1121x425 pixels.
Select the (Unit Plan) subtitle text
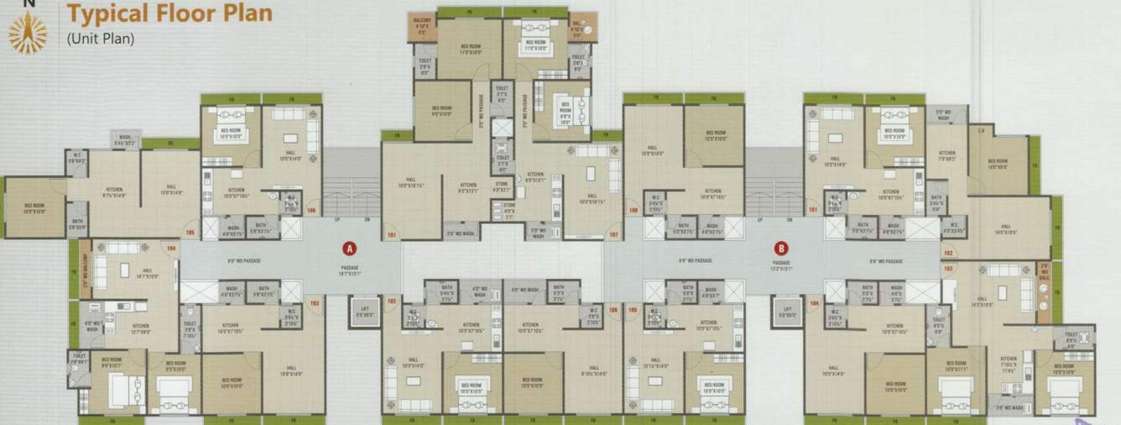(x=100, y=38)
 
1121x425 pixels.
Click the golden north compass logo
(x=28, y=33)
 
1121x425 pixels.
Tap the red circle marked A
(x=348, y=248)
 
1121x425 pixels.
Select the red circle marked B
(x=781, y=248)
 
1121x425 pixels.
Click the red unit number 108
(x=633, y=210)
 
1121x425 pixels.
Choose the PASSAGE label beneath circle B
(x=781, y=266)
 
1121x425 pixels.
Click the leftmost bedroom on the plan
(x=35, y=207)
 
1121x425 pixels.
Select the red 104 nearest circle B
(x=814, y=301)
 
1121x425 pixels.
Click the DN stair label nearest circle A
(x=367, y=218)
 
